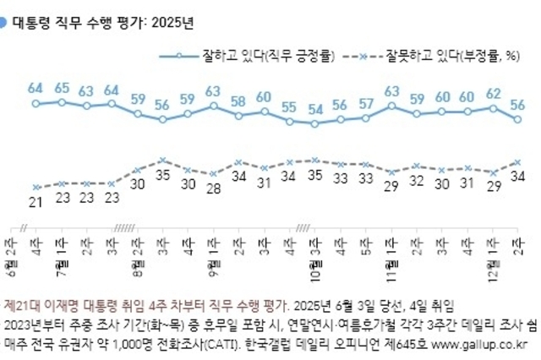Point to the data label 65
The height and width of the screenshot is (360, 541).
point(62,87)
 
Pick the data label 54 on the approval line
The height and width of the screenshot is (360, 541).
point(315,110)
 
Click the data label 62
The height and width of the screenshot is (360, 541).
point(493,93)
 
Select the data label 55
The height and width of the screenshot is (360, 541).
point(290,106)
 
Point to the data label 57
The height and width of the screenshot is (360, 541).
point(366,104)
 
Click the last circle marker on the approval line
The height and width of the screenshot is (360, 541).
point(517,119)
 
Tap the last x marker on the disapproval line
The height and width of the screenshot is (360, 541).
point(517,161)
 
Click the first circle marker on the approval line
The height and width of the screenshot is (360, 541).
point(36,104)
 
